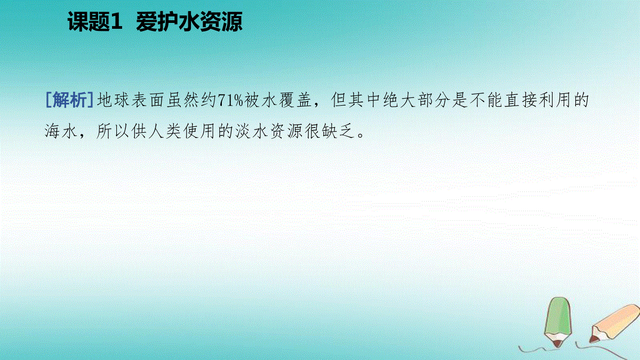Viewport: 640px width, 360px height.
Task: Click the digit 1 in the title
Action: [116, 22]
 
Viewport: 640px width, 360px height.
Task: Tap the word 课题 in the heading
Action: [89, 22]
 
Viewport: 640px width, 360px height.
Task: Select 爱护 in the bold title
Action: [157, 22]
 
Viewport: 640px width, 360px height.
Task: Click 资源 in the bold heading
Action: [221, 22]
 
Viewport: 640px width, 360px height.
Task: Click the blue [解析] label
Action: [69, 100]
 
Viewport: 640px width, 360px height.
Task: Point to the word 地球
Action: [113, 100]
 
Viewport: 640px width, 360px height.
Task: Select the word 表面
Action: [148, 100]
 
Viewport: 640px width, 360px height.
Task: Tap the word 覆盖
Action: [295, 100]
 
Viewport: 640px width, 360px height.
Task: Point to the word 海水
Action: [61, 131]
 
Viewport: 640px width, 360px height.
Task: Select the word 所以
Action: [113, 131]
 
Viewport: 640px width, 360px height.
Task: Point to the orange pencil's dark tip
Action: [594, 339]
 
